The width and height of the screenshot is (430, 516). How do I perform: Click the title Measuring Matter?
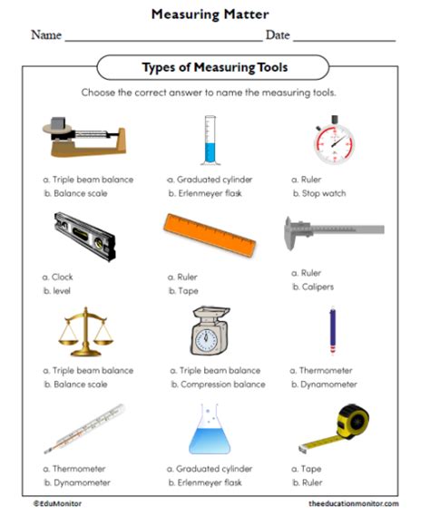(x=214, y=14)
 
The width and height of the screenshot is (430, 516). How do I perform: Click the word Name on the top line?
(x=46, y=35)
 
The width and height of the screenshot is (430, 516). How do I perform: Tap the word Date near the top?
(x=278, y=35)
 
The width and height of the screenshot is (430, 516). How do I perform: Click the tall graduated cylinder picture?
(x=210, y=138)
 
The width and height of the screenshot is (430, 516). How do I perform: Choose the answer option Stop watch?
(x=325, y=193)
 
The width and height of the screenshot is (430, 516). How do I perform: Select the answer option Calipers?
(x=322, y=287)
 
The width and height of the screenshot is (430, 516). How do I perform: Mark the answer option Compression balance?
(x=216, y=384)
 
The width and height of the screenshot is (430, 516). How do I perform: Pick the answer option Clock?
(x=63, y=277)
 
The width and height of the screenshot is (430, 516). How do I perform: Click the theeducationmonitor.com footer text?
(x=353, y=501)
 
